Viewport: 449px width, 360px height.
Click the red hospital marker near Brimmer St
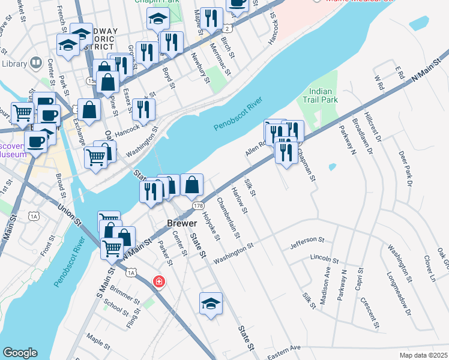[x=159, y=281]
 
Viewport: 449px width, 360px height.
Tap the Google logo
[x=20, y=353]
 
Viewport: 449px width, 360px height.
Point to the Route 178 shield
[x=197, y=206]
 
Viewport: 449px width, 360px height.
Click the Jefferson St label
[x=307, y=240]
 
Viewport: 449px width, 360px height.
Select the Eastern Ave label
[x=283, y=349]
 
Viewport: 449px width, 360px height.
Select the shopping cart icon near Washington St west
[x=96, y=156]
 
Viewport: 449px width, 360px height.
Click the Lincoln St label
[x=325, y=259]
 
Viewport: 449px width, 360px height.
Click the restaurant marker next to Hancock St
[x=143, y=109]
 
